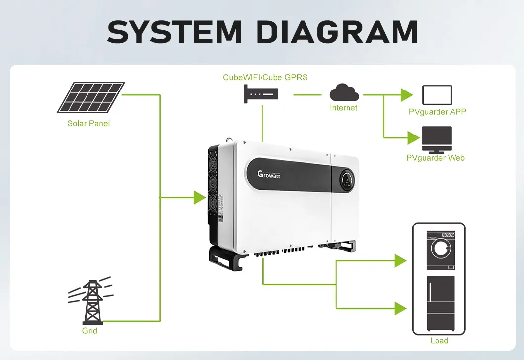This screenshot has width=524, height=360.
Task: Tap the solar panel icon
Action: pos(89,97)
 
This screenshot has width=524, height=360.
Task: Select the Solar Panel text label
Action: pos(88,123)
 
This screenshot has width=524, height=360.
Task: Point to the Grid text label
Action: pos(89,330)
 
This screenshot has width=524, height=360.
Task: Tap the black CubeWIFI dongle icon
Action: pos(261,94)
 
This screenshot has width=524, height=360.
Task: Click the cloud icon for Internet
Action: pos(344,92)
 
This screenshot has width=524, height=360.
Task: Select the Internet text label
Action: pos(344,108)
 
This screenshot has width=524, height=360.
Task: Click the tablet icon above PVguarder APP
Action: pos(437,94)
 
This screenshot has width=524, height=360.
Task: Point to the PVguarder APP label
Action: pos(437,112)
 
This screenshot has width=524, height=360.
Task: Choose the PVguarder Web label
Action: pos(436,158)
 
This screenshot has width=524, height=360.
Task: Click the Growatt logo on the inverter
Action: pos(269,174)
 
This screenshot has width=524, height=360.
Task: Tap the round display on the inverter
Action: pos(346,180)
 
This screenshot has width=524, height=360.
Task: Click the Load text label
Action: pos(439,340)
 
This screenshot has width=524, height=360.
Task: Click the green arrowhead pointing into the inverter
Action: pos(199,198)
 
